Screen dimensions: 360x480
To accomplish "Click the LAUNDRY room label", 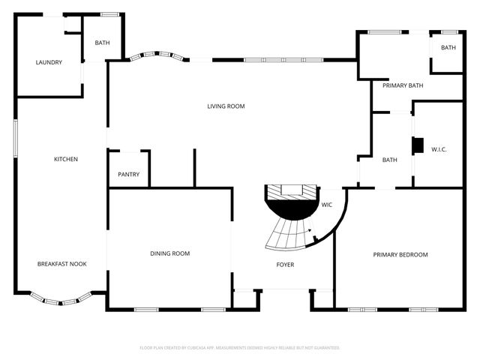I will tap(49, 62).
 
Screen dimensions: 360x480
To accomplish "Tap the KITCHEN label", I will tap(65, 159).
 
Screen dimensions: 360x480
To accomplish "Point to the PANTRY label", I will tap(128, 174).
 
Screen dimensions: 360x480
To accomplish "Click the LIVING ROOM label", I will tap(226, 106).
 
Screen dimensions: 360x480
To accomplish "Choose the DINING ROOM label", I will tap(170, 253).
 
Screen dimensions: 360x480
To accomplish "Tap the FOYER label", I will tap(285, 265).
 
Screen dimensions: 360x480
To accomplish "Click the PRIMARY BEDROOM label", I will tap(400, 254).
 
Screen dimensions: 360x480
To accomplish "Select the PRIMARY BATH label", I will tap(403, 85).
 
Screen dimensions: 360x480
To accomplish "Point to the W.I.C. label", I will tap(439, 149).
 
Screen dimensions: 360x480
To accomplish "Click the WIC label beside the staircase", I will tap(327, 205).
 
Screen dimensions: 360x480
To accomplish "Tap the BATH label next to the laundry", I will tap(102, 43).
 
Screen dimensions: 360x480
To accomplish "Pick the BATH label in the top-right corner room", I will tap(448, 48).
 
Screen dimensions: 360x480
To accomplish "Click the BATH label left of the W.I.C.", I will tap(390, 160).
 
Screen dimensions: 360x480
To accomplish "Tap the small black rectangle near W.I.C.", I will tap(418, 145).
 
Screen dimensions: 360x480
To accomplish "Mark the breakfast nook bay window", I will tap(61, 301).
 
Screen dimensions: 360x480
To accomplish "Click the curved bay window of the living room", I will tap(157, 56).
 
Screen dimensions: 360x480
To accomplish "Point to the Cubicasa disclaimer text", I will tap(239, 347).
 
